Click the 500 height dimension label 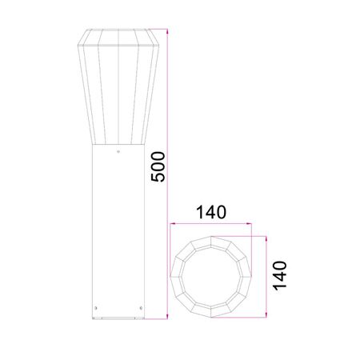click(x=158, y=166)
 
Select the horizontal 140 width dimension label click(x=211, y=212)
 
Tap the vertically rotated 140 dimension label click(x=279, y=276)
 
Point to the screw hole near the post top click(x=118, y=152)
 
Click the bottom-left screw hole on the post click(x=96, y=308)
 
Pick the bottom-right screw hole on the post click(x=141, y=308)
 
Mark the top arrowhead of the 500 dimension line click(x=167, y=31)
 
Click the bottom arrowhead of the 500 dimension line click(x=167, y=316)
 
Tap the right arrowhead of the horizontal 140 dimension click(x=249, y=224)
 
